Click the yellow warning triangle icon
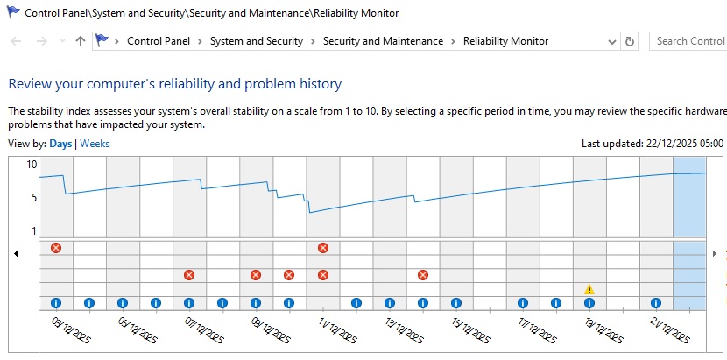[x=589, y=289]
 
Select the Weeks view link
[x=95, y=144]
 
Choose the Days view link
[x=60, y=144]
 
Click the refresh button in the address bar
[x=629, y=41]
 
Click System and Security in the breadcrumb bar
[x=256, y=41]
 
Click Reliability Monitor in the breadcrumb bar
[x=505, y=41]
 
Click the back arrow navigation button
[x=16, y=41]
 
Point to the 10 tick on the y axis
[x=32, y=165]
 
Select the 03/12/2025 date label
[x=69, y=329]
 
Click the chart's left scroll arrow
[x=16, y=253]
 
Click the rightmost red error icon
[x=423, y=275]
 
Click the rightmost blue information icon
[x=656, y=303]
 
